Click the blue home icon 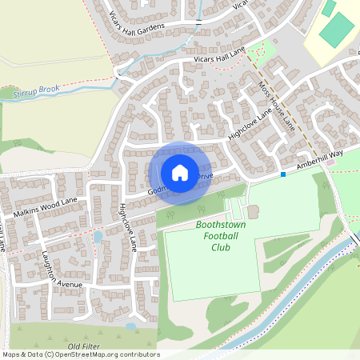(179, 172)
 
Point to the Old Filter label (85, 346)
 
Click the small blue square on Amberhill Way (283, 174)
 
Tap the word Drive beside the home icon (205, 175)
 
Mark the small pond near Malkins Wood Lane (98, 237)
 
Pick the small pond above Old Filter (130, 326)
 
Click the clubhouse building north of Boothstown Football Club (253, 211)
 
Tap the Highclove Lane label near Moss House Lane (250, 126)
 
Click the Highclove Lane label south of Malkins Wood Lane (128, 227)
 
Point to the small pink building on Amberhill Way (330, 162)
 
